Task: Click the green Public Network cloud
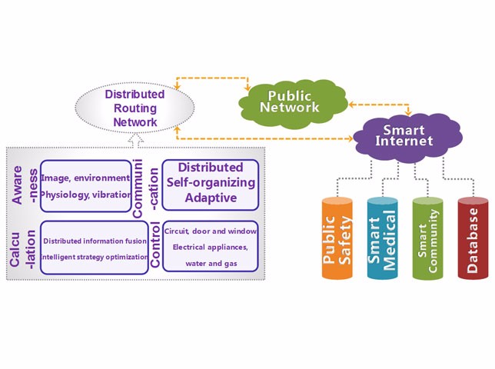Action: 289,101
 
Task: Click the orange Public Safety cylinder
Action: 337,238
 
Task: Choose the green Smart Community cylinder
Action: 427,238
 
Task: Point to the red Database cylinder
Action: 473,238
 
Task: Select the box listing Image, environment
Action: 85,185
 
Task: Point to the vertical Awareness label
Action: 23,184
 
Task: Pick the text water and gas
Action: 210,264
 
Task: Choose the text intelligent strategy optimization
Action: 95,256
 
